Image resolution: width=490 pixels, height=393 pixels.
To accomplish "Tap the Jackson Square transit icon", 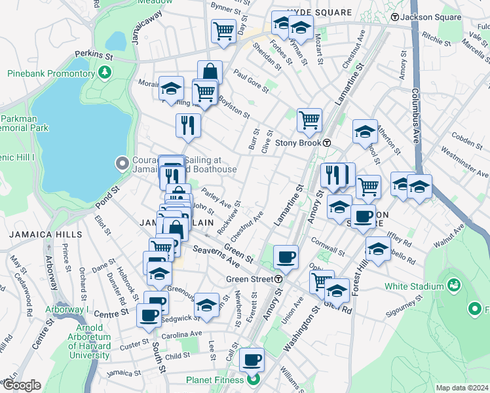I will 395,16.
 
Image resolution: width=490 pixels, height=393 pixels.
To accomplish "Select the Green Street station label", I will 250,279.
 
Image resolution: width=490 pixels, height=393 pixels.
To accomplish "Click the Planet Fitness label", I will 213,380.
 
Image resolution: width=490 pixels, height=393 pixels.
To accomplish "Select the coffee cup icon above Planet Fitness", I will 252,360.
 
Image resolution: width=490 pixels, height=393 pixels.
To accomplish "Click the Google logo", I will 22,385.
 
